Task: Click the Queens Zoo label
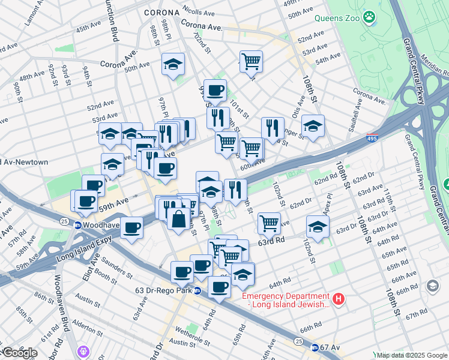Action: coord(337,18)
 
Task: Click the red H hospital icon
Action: coord(339,298)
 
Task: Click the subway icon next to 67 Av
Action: coord(314,347)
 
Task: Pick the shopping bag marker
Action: coord(179,219)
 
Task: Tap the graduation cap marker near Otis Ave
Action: coord(313,126)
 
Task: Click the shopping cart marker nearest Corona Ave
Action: coord(251,62)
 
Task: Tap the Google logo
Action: coord(19,353)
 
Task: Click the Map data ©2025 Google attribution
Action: coord(412,355)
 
